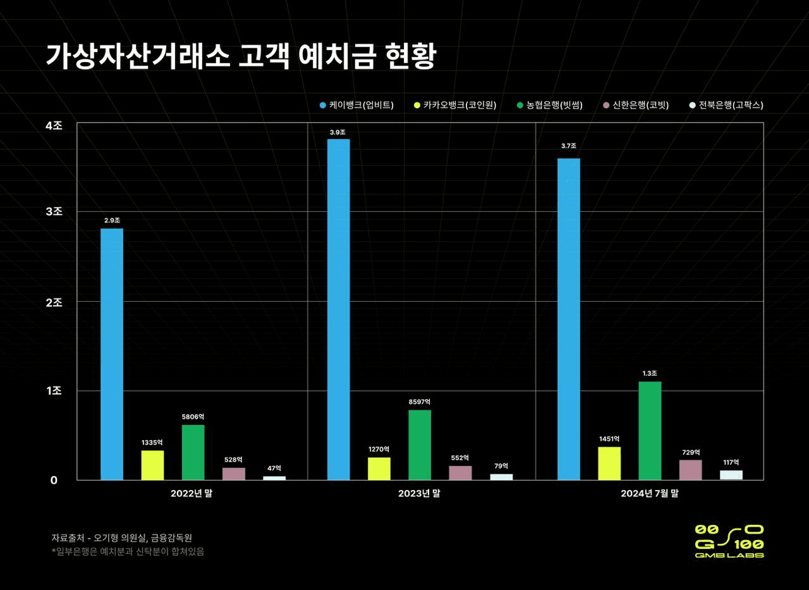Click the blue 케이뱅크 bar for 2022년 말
[112, 354]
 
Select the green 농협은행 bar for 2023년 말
[420, 445]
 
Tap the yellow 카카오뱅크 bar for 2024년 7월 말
[609, 464]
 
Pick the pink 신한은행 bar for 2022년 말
[234, 474]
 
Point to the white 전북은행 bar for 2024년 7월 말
[731, 475]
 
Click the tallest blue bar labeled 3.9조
[339, 310]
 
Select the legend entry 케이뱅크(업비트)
[356, 105]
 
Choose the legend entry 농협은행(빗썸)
[549, 105]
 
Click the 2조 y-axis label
[54, 302]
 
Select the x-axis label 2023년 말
[419, 494]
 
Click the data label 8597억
[420, 402]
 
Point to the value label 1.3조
[650, 373]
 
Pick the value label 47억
[274, 468]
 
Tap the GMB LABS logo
[729, 541]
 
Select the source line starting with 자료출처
[121, 538]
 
